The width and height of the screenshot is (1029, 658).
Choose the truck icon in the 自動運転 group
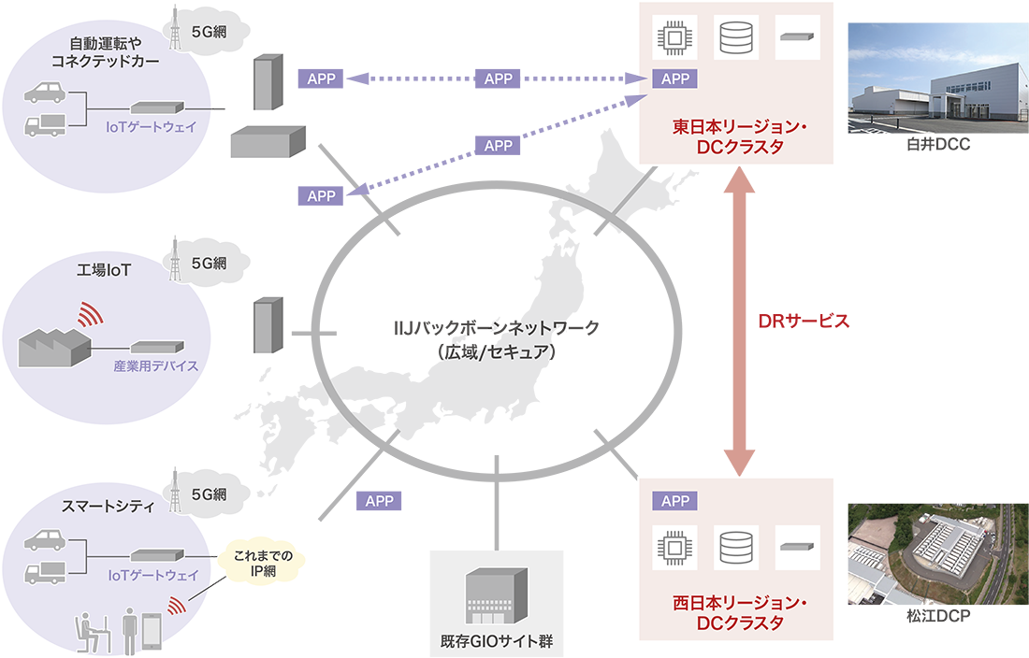[x=45, y=124]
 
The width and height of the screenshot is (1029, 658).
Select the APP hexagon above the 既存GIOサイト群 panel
[x=380, y=502]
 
